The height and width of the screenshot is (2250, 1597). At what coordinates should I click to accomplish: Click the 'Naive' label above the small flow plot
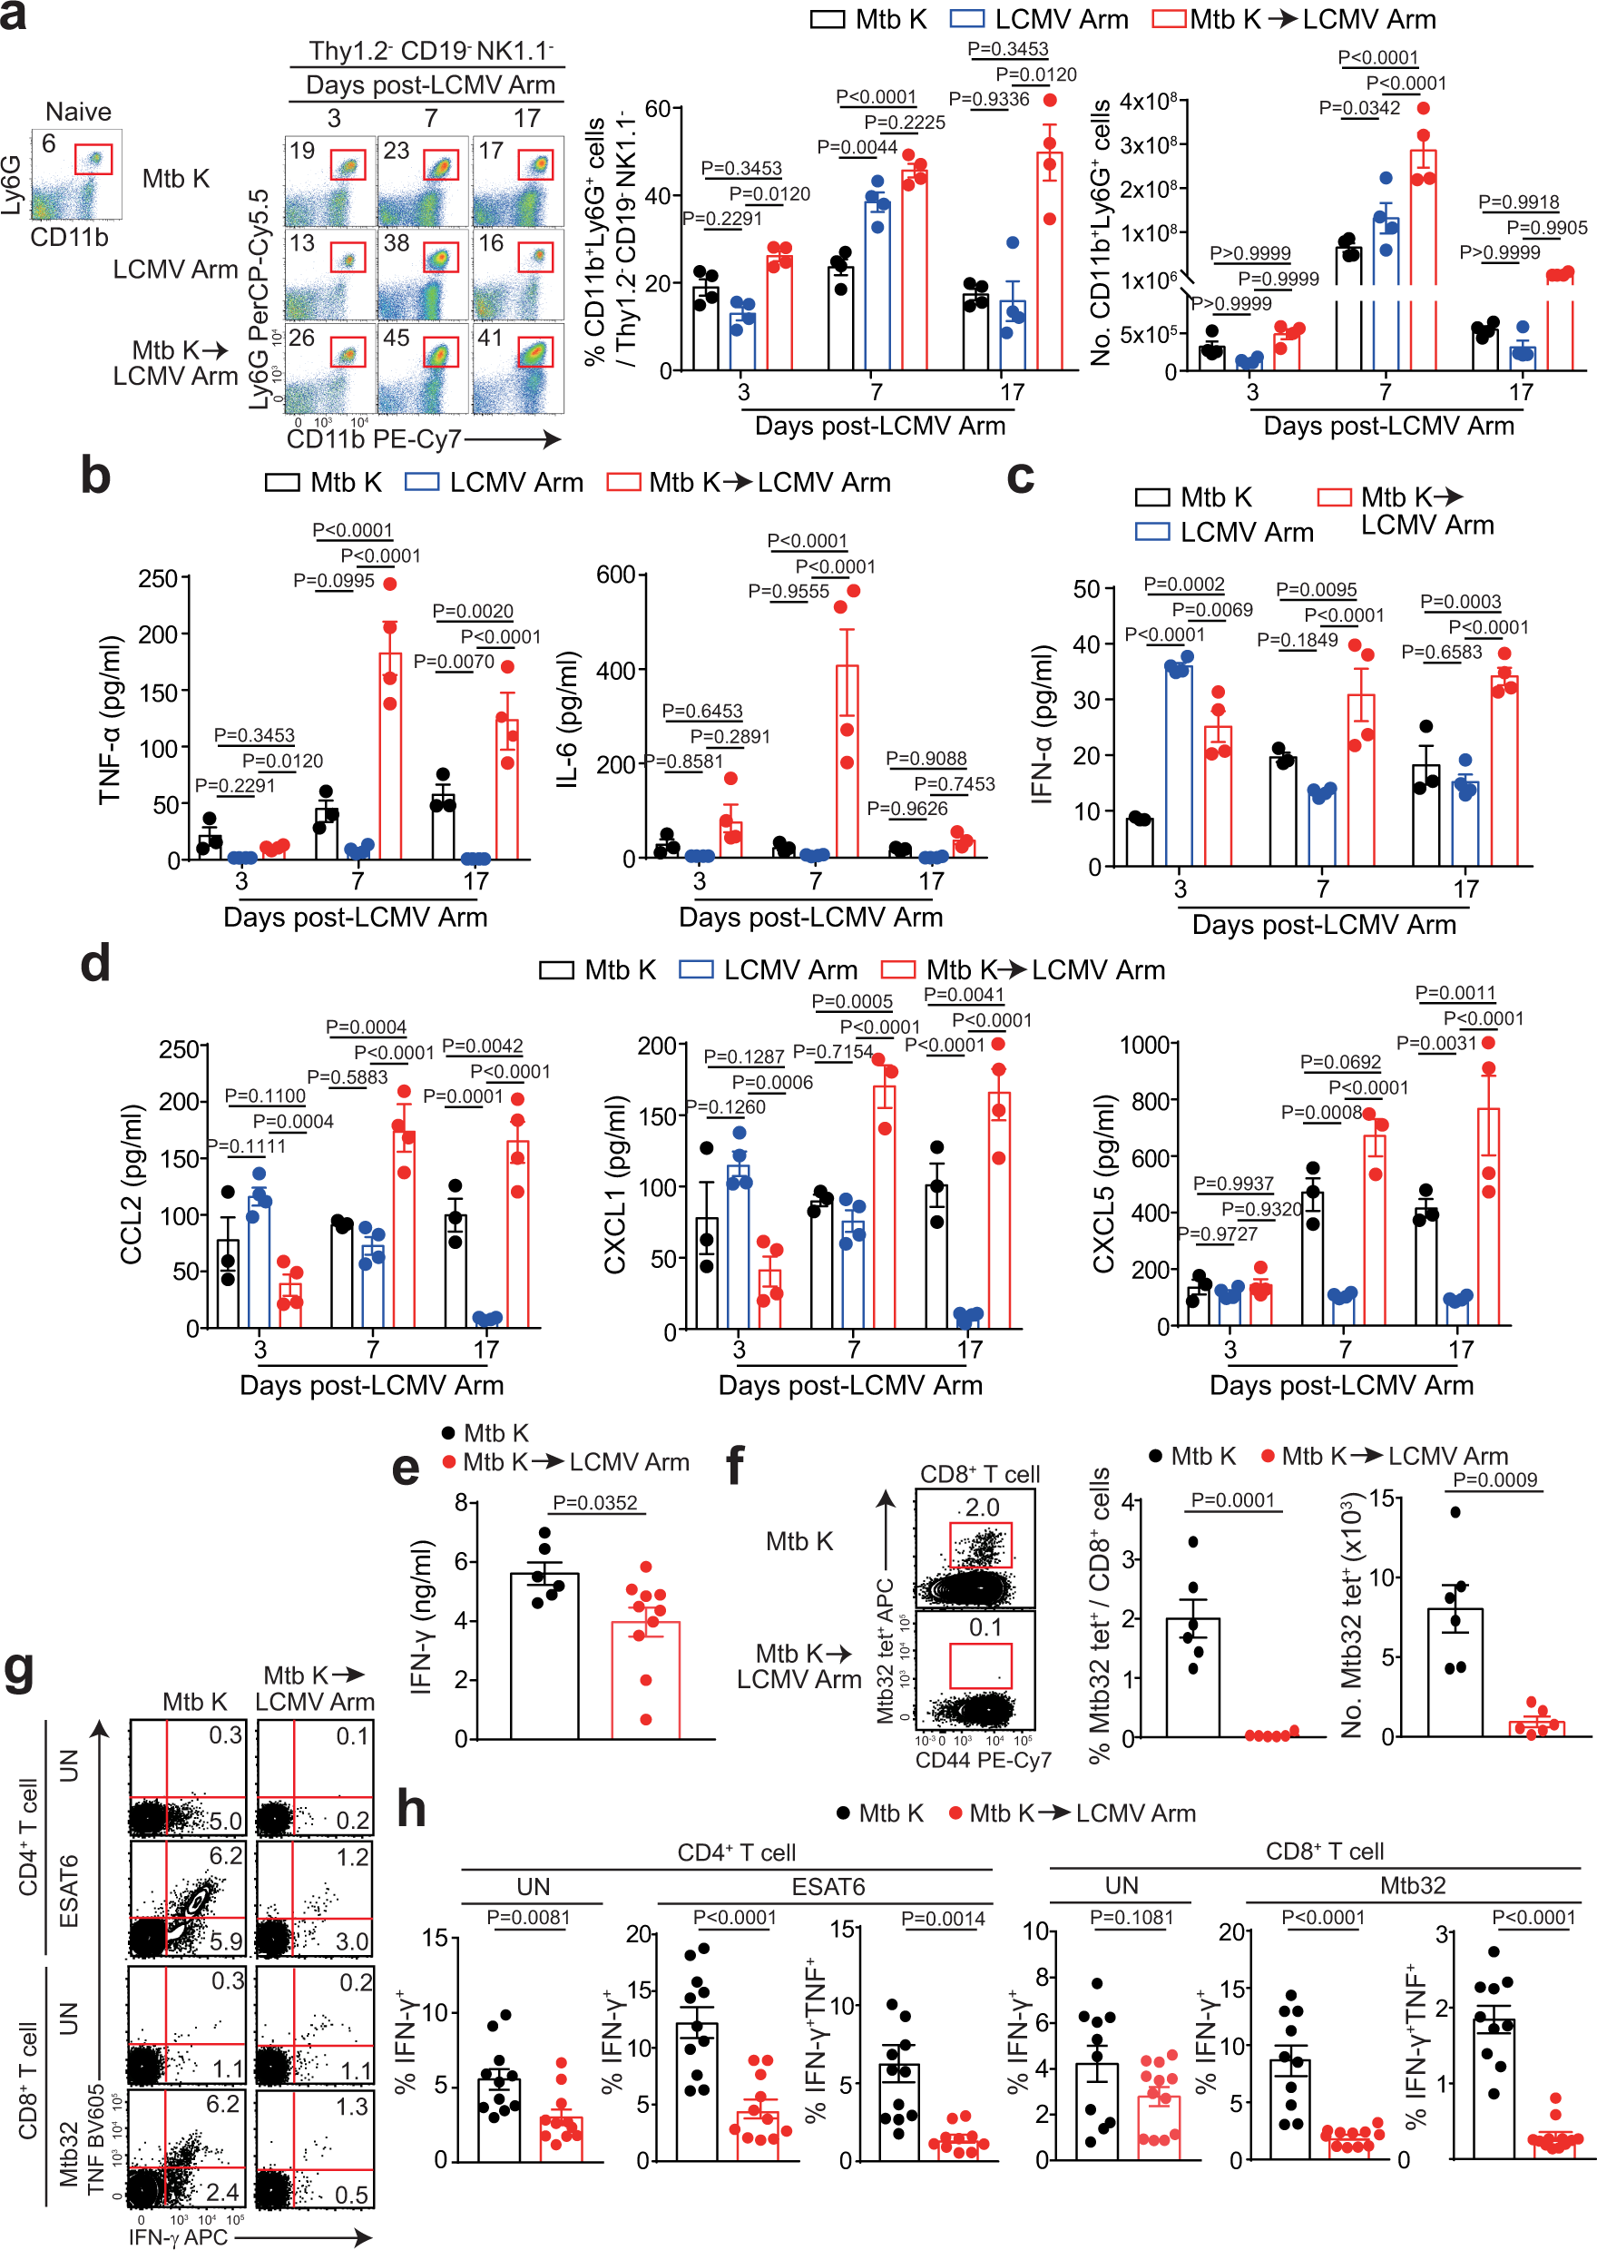78,111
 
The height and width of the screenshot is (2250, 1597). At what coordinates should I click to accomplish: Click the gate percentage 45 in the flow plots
397,338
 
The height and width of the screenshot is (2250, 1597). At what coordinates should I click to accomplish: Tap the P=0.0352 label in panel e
594,1503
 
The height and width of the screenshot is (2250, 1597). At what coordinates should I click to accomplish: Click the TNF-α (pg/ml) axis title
109,720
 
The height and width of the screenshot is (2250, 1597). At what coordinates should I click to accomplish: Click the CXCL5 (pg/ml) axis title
1103,1184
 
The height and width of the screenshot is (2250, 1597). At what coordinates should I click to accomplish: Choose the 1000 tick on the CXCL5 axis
1144,1045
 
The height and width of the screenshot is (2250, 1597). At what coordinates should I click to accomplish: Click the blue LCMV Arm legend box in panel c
1151,532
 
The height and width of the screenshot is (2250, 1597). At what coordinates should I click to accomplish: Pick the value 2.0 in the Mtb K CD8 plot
982,1508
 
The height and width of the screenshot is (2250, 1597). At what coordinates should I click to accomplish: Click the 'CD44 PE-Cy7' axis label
983,1759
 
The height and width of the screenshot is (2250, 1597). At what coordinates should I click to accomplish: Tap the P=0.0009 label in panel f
1494,1480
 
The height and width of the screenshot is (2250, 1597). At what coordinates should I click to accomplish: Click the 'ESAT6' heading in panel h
828,1887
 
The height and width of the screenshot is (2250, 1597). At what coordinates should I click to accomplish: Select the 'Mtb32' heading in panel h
1412,1885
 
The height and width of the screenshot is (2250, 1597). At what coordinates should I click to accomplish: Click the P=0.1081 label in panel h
1131,1918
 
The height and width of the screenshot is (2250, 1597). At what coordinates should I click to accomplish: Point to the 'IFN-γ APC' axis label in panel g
178,2237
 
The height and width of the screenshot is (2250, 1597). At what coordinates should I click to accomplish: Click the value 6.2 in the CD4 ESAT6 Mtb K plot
225,1856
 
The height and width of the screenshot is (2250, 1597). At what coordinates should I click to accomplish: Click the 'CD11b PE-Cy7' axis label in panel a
373,438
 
